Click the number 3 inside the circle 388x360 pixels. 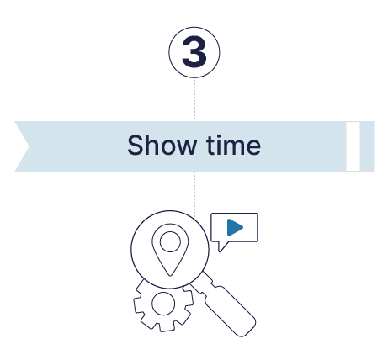coord(194,52)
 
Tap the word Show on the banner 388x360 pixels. coord(162,145)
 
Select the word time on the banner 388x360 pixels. coord(233,145)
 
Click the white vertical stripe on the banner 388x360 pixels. coord(353,146)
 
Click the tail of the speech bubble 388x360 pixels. coord(222,246)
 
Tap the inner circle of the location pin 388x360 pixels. coord(170,241)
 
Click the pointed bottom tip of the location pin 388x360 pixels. coord(170,276)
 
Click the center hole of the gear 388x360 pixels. coord(163,304)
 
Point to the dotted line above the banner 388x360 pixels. coord(194,99)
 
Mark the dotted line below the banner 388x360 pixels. coord(194,194)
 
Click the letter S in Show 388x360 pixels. coord(136,145)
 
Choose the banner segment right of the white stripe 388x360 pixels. coord(367,146)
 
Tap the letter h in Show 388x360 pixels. coord(151,145)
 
